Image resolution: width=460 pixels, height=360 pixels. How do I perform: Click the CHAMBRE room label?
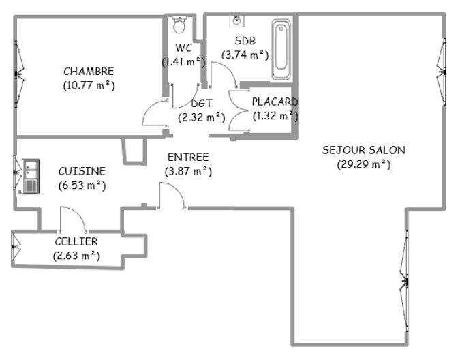click(x=89, y=71)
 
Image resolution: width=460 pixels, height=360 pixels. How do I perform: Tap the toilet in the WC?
click(x=180, y=25)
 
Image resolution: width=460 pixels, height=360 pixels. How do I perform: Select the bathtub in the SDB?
click(x=281, y=50)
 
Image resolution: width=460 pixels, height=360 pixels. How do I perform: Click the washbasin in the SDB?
click(x=237, y=20)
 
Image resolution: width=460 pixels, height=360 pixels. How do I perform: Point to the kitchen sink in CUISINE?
click(x=31, y=176)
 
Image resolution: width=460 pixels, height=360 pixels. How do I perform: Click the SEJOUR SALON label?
click(x=364, y=150)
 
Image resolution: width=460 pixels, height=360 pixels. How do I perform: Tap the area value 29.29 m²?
click(x=364, y=164)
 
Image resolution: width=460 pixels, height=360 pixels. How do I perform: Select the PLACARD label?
click(x=275, y=102)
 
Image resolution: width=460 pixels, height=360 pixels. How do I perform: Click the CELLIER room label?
click(x=76, y=241)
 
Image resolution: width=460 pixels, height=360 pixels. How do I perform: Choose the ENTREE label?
click(x=188, y=157)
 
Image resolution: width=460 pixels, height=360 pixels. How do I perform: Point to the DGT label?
click(x=202, y=104)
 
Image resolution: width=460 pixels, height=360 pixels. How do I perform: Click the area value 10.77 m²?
click(x=89, y=85)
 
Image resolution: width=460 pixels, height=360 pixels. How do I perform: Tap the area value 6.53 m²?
click(x=82, y=185)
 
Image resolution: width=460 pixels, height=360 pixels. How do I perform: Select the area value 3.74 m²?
click(x=245, y=55)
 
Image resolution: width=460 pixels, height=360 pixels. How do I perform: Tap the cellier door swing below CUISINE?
click(x=72, y=219)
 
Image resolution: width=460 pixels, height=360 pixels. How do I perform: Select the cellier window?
click(x=14, y=248)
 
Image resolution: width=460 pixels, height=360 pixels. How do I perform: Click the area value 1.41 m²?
click(x=183, y=61)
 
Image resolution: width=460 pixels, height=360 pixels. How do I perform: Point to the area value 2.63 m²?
click(x=76, y=256)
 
